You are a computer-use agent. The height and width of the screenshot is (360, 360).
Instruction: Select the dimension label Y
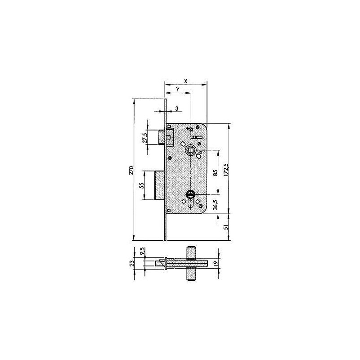tap(178, 90)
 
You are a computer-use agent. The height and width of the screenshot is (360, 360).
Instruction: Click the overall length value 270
tap(131, 170)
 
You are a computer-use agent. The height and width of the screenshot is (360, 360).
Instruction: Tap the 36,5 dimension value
tap(216, 205)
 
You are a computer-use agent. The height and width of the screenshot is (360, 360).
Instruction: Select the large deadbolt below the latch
tap(160, 185)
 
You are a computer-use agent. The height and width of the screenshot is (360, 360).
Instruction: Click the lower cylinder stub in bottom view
tap(191, 275)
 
